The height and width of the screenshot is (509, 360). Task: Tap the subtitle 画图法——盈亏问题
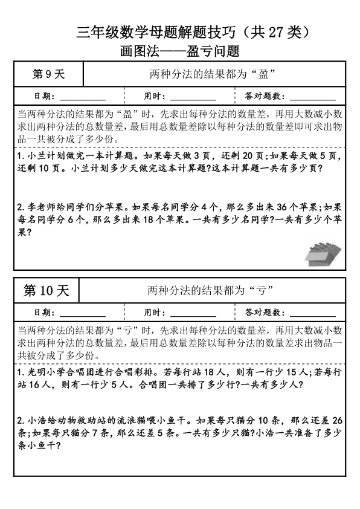(x=180, y=52)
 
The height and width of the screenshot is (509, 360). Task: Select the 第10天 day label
(x=47, y=291)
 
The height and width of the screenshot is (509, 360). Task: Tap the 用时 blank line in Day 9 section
(x=193, y=97)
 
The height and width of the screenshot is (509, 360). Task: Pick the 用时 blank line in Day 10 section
(x=193, y=314)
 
